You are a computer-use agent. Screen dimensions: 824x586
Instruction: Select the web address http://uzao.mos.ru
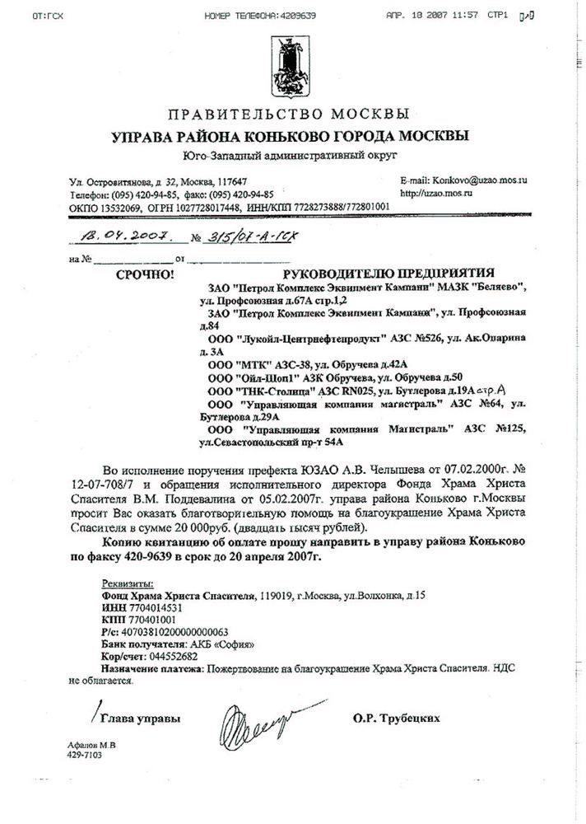[x=436, y=192]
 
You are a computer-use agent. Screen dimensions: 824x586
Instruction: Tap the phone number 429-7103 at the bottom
[x=85, y=754]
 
